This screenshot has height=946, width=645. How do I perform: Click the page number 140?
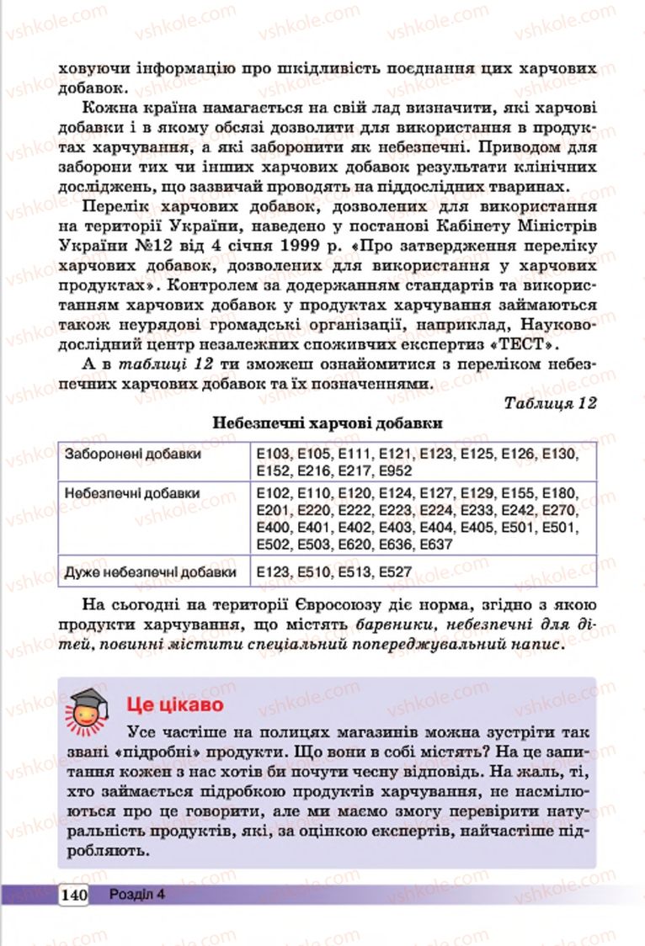click(x=74, y=894)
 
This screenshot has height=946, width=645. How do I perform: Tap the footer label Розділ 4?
click(x=136, y=894)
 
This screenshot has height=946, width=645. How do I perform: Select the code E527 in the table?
click(x=396, y=572)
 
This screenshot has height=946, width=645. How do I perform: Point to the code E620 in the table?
click(x=354, y=544)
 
